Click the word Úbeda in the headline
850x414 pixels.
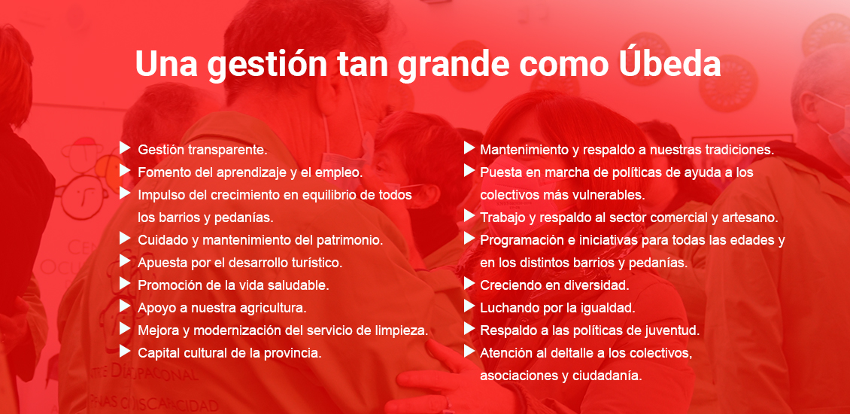[669, 64]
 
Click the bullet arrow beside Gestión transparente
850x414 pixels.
[125, 148]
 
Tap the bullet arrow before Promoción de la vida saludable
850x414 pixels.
[125, 283]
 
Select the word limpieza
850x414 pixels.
[403, 330]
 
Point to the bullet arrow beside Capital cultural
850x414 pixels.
[125, 351]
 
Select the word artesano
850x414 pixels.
[754, 218]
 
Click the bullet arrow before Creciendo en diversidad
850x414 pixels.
[469, 283]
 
